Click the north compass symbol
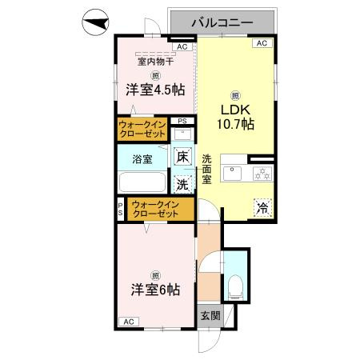pos(95,22)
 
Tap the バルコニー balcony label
pos(222,22)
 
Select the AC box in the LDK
pos(262,43)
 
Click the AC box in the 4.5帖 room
pos(182,47)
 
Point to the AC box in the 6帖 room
pos(129,322)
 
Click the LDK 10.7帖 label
pos(235,117)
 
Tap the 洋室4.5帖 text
pos(155,90)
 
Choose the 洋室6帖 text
pos(155,290)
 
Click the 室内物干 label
pos(156,62)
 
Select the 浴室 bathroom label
pos(142,159)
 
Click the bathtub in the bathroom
pos(142,182)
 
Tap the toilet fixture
pos(236,287)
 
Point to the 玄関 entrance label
pos(210,316)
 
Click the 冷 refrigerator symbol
pos(263,208)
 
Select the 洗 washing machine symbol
pos(182,184)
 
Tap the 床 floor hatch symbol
pos(183,157)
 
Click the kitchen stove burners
pos(262,173)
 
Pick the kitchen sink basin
pos(232,174)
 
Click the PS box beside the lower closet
pos(121,209)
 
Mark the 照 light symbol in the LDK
pos(235,96)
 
